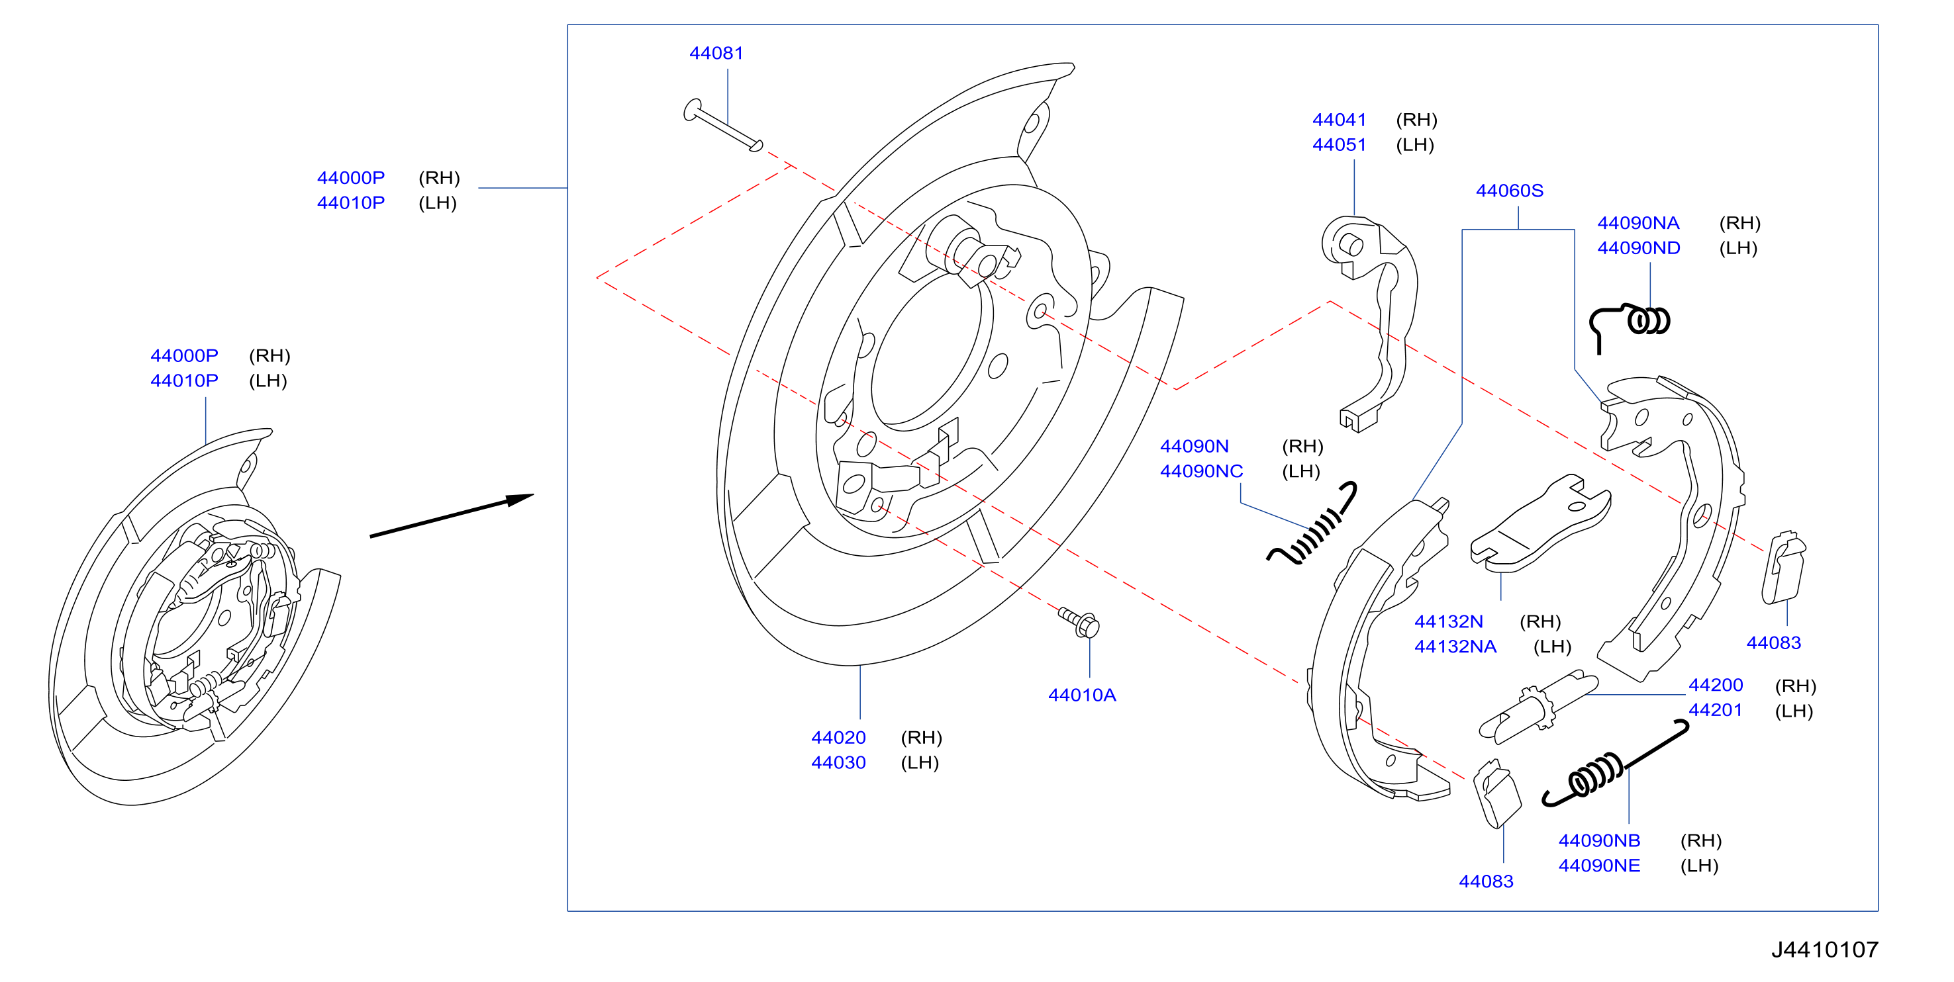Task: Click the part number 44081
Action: (x=716, y=53)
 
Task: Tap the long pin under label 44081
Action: (x=723, y=125)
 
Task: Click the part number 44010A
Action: (x=1082, y=695)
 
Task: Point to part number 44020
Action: (x=838, y=737)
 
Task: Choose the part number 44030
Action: (x=838, y=762)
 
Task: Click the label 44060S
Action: (x=1510, y=191)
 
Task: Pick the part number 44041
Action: (x=1339, y=120)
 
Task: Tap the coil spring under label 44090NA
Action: (x=1630, y=324)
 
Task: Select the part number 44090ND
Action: (x=1638, y=248)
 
